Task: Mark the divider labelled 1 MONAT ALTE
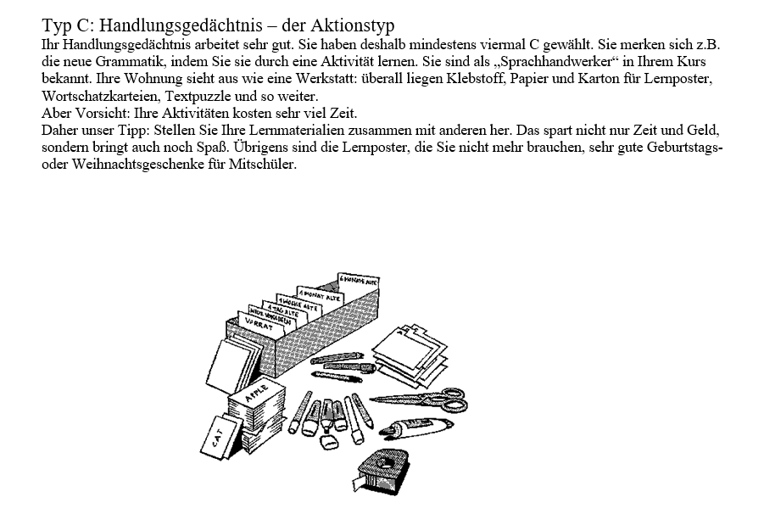(x=317, y=293)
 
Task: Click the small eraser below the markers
(x=330, y=441)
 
